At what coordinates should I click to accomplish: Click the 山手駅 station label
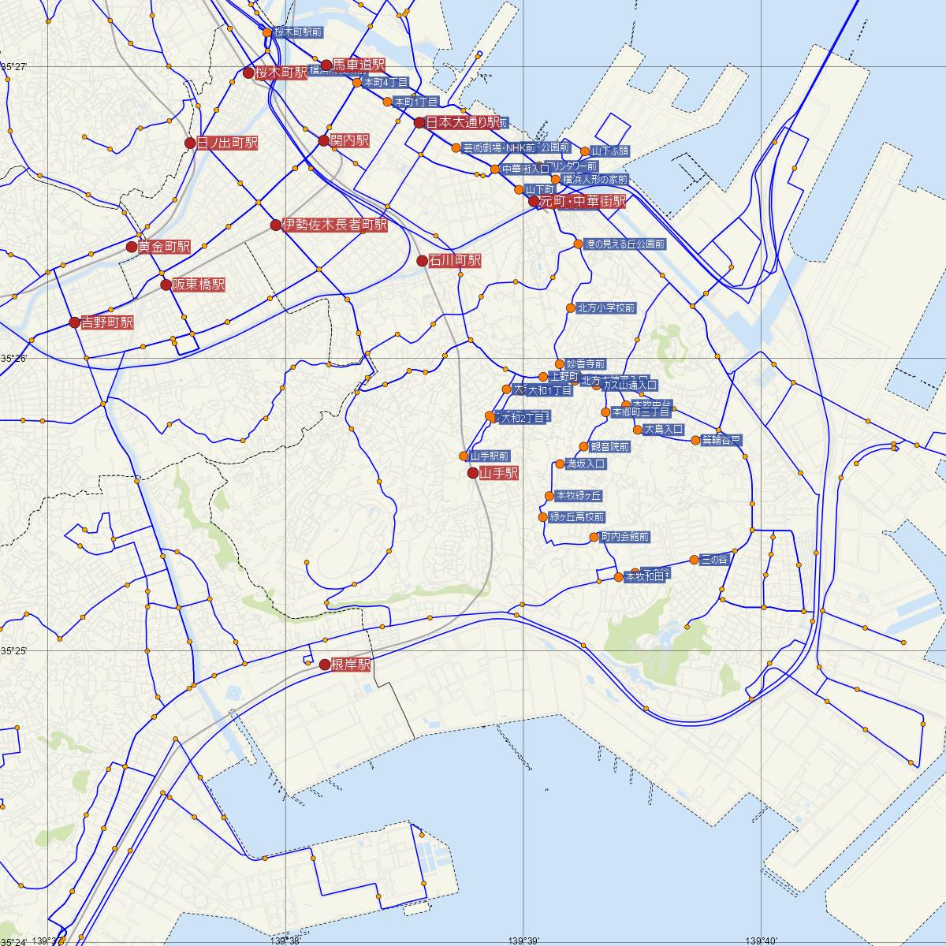[x=499, y=473]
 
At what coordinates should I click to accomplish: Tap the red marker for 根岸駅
[x=324, y=665]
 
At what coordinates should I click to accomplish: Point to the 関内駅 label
[x=350, y=141]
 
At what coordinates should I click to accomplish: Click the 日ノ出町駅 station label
[x=227, y=143]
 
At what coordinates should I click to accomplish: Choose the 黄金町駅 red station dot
[x=132, y=247]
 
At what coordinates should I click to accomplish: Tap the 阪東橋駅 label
[x=199, y=285]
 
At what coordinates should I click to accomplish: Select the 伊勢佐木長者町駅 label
[x=335, y=225]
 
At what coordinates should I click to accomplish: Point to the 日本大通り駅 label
[x=463, y=122]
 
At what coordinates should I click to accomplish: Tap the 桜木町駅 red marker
[x=248, y=73]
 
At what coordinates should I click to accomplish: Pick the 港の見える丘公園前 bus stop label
[x=625, y=244]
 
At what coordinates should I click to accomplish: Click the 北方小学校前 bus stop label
[x=605, y=308]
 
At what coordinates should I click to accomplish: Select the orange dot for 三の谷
[x=694, y=560]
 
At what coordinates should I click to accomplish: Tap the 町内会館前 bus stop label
[x=624, y=537]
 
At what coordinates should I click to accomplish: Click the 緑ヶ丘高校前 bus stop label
[x=576, y=517]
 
